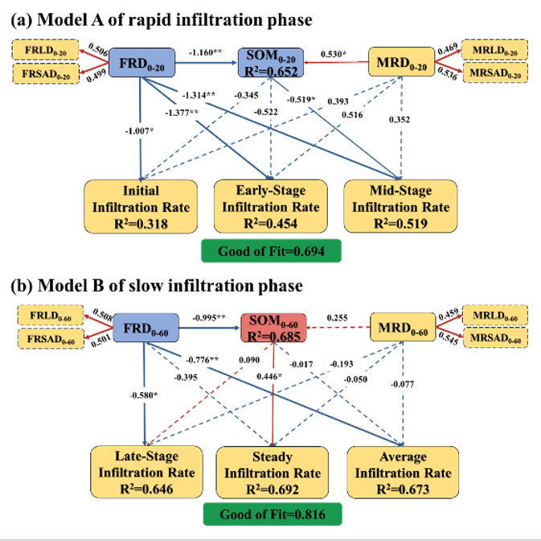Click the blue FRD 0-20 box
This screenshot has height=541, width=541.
coord(142,61)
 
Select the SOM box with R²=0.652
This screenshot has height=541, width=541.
coord(271,62)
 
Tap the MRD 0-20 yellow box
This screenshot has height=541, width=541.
coord(400,62)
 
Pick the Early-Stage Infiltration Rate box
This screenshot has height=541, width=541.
coord(272,207)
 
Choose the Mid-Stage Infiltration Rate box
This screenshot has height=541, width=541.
coord(400,207)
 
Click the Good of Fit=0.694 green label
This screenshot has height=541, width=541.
coord(272,251)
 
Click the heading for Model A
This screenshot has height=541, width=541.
coord(162,19)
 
